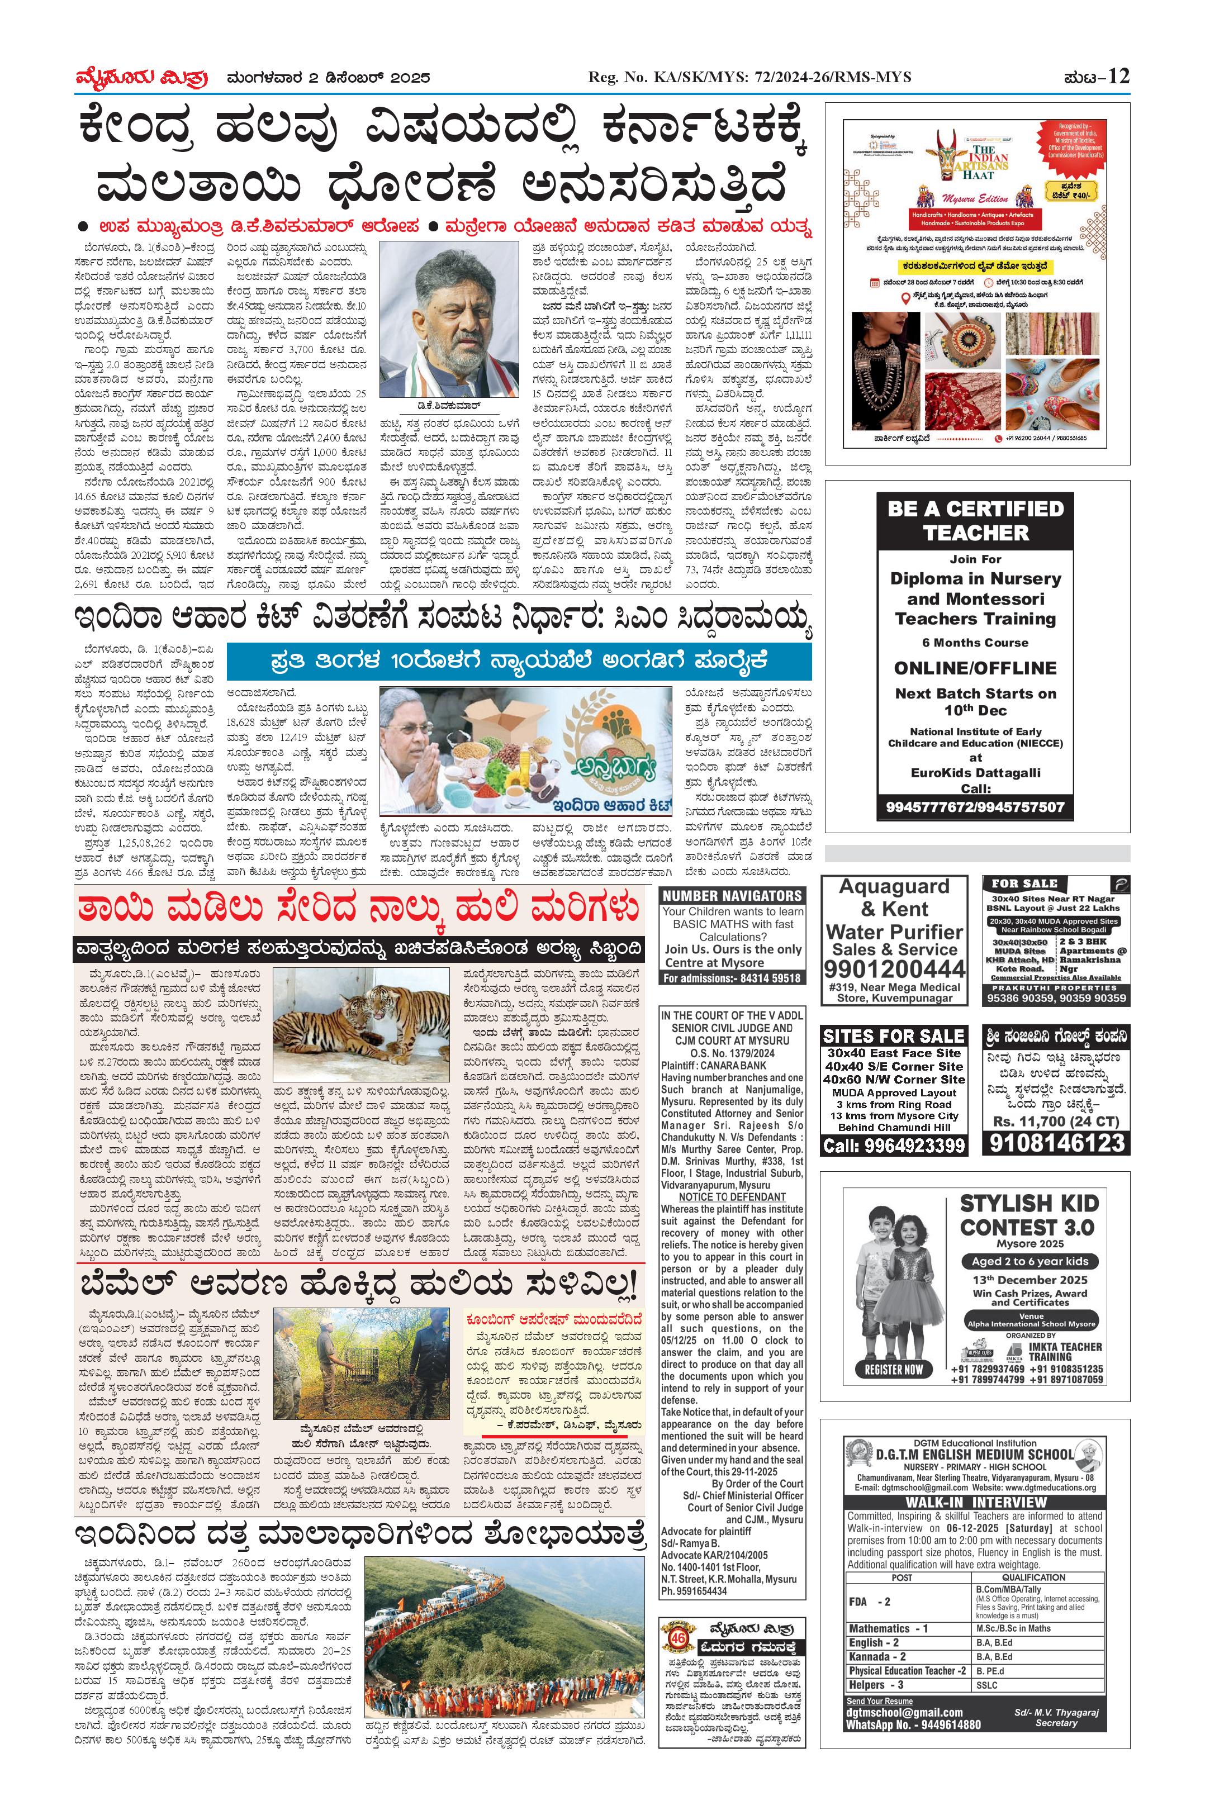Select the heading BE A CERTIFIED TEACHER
pos(976,520)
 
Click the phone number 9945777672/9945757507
pos(976,807)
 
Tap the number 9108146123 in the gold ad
pos(1057,1143)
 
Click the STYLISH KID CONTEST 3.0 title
pos(1027,1215)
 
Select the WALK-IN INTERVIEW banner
pos(976,1502)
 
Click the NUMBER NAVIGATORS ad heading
pos(732,895)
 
